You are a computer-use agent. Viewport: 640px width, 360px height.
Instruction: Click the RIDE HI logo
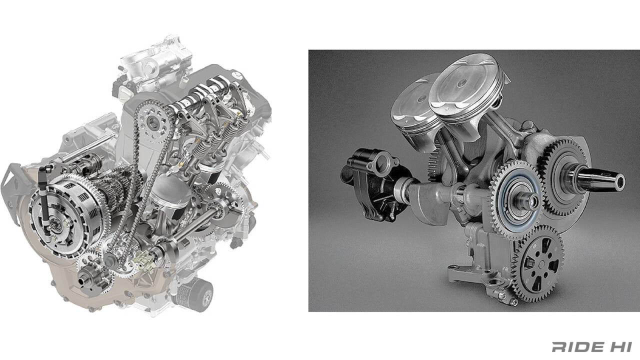pyautogui.click(x=591, y=346)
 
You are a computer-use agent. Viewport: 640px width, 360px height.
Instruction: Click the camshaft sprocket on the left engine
pyautogui.click(x=153, y=123)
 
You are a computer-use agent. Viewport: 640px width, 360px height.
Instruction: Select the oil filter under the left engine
pyautogui.click(x=195, y=294)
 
